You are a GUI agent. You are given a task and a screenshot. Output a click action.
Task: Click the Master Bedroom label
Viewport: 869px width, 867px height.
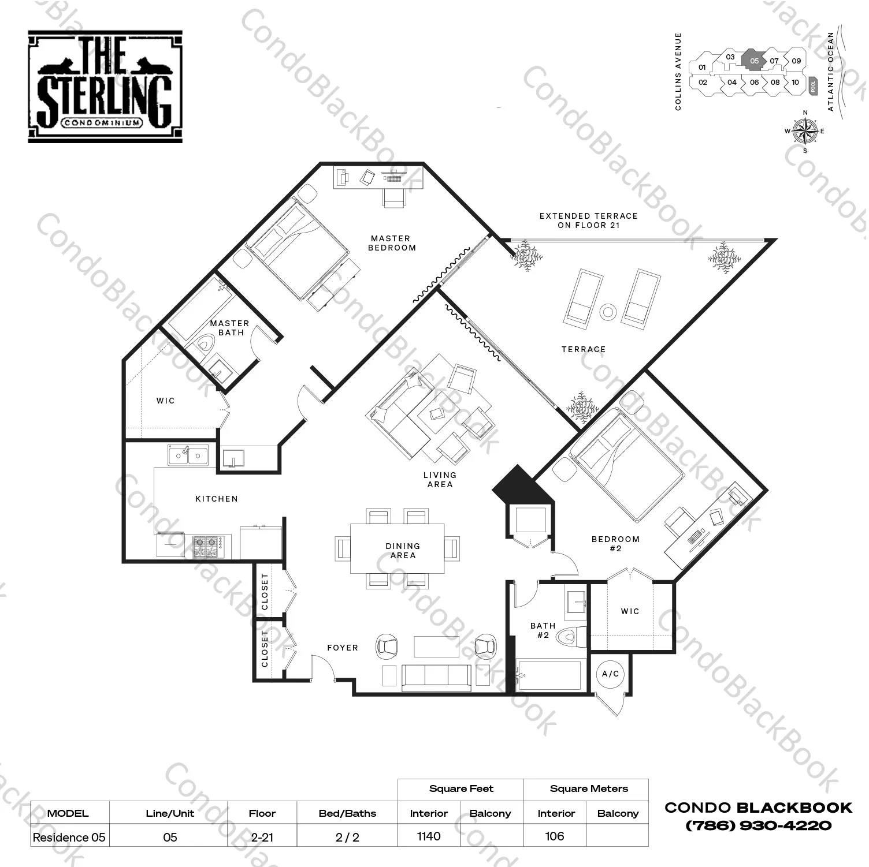pos(392,243)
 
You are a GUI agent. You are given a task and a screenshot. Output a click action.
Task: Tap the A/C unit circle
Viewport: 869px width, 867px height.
pos(610,674)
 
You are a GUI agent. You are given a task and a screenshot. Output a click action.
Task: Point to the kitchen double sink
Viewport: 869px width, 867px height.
pos(188,455)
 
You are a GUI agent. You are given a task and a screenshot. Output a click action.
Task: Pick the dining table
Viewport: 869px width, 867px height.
pos(398,548)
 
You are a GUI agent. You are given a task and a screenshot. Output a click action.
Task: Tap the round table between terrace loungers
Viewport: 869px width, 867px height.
pos(608,312)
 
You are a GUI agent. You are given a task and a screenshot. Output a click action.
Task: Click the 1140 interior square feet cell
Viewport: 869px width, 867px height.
pos(429,836)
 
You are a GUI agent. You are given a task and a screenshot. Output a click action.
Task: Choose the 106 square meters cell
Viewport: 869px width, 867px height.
pos(554,836)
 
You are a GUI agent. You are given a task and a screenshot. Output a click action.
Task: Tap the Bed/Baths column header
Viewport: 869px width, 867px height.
pos(347,813)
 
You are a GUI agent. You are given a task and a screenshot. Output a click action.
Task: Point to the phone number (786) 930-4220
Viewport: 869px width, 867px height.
pos(759,825)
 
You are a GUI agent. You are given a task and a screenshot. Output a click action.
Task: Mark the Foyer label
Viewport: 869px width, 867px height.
pos(343,648)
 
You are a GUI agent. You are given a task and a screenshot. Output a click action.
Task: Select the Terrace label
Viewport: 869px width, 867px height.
pos(584,349)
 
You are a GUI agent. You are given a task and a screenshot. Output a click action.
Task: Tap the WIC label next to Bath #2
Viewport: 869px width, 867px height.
pos(630,611)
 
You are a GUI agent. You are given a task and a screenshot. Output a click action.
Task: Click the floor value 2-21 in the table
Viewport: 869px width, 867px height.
pos(262,837)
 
